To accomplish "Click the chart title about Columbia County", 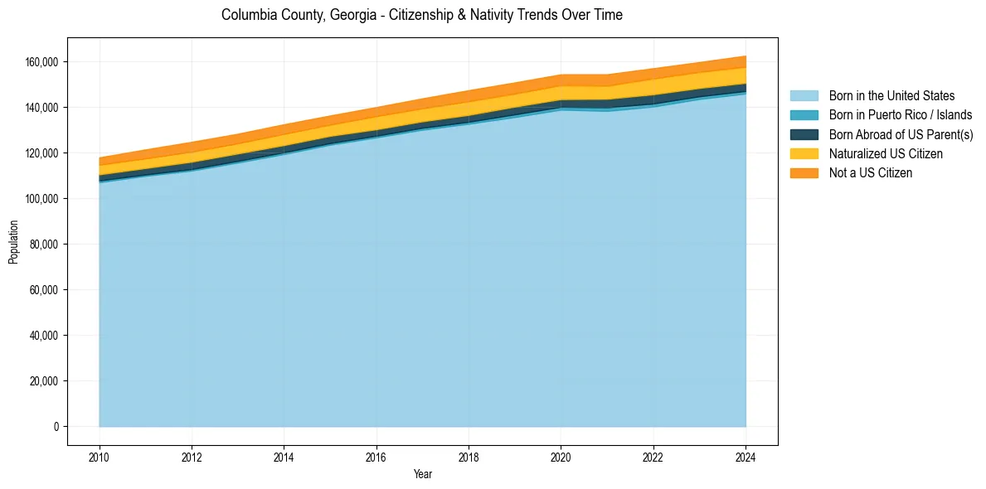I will pyautogui.click(x=422, y=15).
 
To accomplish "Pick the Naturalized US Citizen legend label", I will pyautogui.click(x=886, y=154).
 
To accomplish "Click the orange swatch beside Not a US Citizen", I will pyautogui.click(x=804, y=173).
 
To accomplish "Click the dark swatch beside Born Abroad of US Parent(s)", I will pyautogui.click(x=804, y=134).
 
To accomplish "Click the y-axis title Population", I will pyautogui.click(x=13, y=242).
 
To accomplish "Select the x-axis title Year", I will pyautogui.click(x=422, y=474).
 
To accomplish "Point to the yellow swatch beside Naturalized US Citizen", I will pyautogui.click(x=804, y=154).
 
